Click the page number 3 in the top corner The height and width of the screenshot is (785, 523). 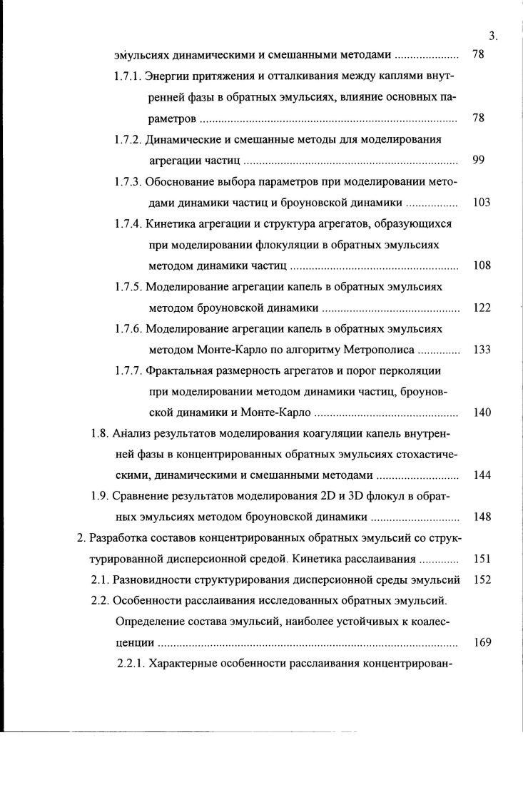click(492, 36)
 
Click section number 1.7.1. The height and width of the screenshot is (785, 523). click(128, 76)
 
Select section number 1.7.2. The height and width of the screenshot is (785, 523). click(128, 139)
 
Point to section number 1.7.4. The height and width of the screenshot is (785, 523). click(128, 223)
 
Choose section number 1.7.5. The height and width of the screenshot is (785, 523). click(128, 287)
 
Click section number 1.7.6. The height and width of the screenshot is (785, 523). click(128, 329)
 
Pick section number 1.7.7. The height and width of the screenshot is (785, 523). click(128, 371)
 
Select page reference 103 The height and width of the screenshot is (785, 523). click(481, 203)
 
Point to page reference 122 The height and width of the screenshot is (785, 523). click(481, 308)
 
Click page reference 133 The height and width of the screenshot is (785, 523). click(481, 350)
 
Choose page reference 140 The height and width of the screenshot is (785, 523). click(481, 413)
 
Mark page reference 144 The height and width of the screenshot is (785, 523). click(481, 476)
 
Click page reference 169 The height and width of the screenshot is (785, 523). click(481, 642)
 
